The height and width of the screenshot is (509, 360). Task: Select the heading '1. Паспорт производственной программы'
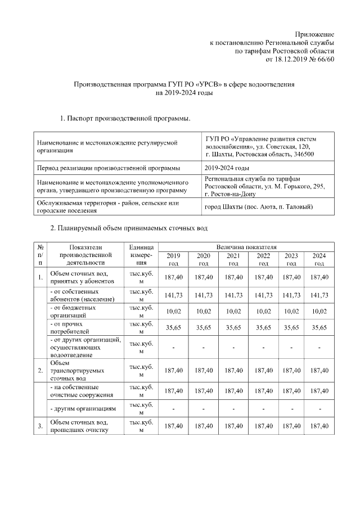pos(125,119)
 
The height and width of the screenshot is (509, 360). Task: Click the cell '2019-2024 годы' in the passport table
pos(227,168)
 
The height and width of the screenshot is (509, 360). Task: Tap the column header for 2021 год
pos(233,259)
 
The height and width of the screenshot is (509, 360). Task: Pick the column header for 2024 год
pos(319,259)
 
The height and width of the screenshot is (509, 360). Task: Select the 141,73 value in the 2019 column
pos(173,295)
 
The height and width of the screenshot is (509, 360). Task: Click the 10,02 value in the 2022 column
pos(263,312)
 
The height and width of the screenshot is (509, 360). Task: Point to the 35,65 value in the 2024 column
pos(319,328)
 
